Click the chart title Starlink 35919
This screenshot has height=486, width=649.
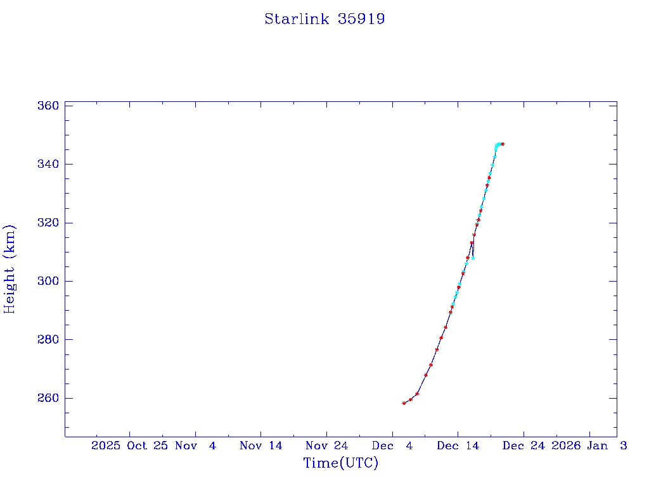324,19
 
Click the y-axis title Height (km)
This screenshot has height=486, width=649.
10,269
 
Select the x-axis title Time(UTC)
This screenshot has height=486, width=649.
341,463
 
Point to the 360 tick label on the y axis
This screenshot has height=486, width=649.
49,106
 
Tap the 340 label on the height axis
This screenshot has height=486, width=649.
49,165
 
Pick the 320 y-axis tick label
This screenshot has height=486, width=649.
49,223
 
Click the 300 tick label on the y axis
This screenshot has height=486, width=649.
49,281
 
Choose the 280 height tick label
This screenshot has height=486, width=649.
49,340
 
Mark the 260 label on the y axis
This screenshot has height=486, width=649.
49,398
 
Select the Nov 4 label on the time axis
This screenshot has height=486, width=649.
196,445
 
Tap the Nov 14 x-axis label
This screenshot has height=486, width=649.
260,445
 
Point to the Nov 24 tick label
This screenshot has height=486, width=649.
326,445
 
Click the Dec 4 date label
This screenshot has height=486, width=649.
392,445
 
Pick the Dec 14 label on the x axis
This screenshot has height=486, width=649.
458,445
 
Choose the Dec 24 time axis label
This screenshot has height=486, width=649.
524,445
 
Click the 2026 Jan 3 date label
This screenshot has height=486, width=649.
589,445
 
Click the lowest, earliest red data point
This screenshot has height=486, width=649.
404,403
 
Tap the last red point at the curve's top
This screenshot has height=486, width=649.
503,144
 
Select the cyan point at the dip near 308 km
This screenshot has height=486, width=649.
473,258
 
